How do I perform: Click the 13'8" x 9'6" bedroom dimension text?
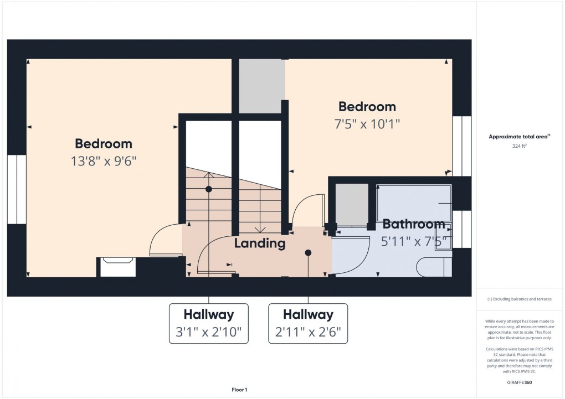pyautogui.click(x=104, y=161)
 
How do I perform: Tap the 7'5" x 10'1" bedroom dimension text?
pyautogui.click(x=367, y=124)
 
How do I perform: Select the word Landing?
pyautogui.click(x=260, y=243)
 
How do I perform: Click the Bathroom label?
pyautogui.click(x=414, y=224)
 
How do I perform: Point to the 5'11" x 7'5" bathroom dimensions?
pyautogui.click(x=416, y=241)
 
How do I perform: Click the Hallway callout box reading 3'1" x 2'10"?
pyautogui.click(x=209, y=323)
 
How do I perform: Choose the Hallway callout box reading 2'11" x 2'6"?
pyautogui.click(x=308, y=323)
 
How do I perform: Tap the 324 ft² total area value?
pyautogui.click(x=519, y=146)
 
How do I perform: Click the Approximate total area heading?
pyautogui.click(x=519, y=137)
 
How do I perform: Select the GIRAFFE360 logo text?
pyautogui.click(x=519, y=382)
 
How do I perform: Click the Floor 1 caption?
pyautogui.click(x=239, y=390)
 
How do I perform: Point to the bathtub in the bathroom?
pyautogui.click(x=414, y=203)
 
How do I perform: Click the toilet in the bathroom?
pyautogui.click(x=434, y=267)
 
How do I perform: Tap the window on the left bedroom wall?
pyautogui.click(x=17, y=189)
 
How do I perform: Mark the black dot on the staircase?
pyautogui.click(x=209, y=189)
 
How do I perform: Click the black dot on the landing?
pyautogui.click(x=308, y=253)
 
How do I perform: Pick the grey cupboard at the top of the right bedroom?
pyautogui.click(x=262, y=86)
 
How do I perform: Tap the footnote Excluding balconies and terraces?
pyautogui.click(x=519, y=299)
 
